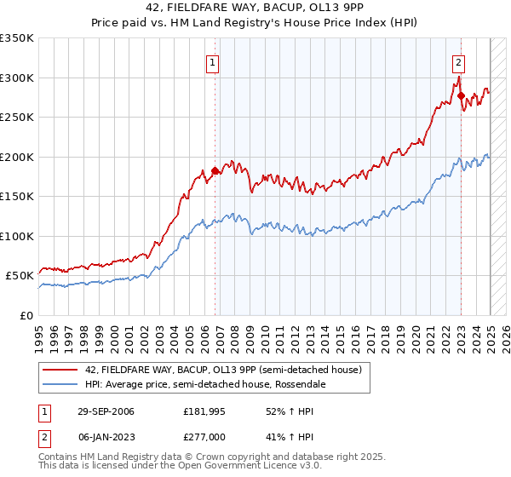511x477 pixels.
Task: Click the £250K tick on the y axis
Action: [x=17, y=118]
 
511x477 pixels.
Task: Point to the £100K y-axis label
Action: [x=17, y=236]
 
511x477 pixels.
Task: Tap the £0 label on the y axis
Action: [x=27, y=315]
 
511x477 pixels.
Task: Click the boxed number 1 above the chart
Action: [x=211, y=61]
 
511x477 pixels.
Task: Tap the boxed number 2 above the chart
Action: [x=458, y=61]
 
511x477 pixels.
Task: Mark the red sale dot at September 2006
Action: [x=215, y=171]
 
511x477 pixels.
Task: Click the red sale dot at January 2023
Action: [x=461, y=96]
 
